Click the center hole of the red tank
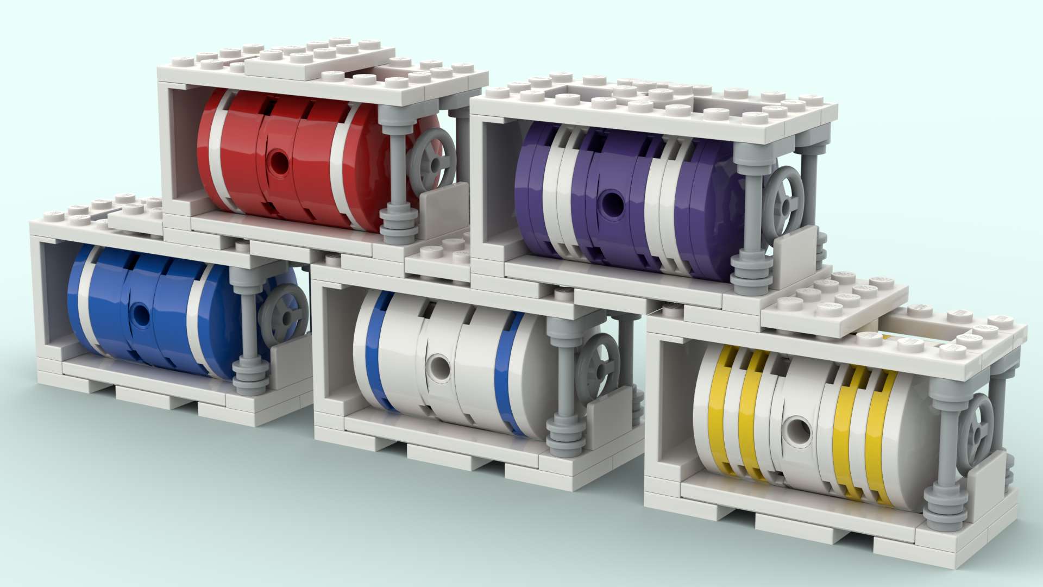click(x=279, y=159)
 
